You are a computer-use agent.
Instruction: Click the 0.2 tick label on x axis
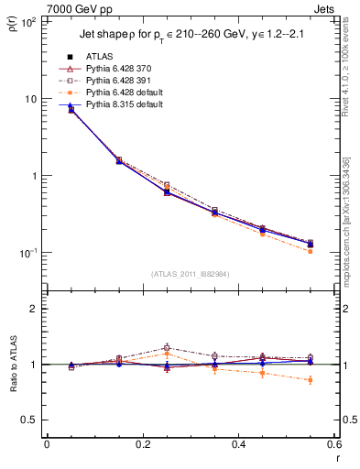coord(142,446)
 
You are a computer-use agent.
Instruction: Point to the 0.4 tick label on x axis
coord(238,446)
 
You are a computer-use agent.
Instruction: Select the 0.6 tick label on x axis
coord(333,446)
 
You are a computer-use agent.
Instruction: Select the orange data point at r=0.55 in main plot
coord(310,251)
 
